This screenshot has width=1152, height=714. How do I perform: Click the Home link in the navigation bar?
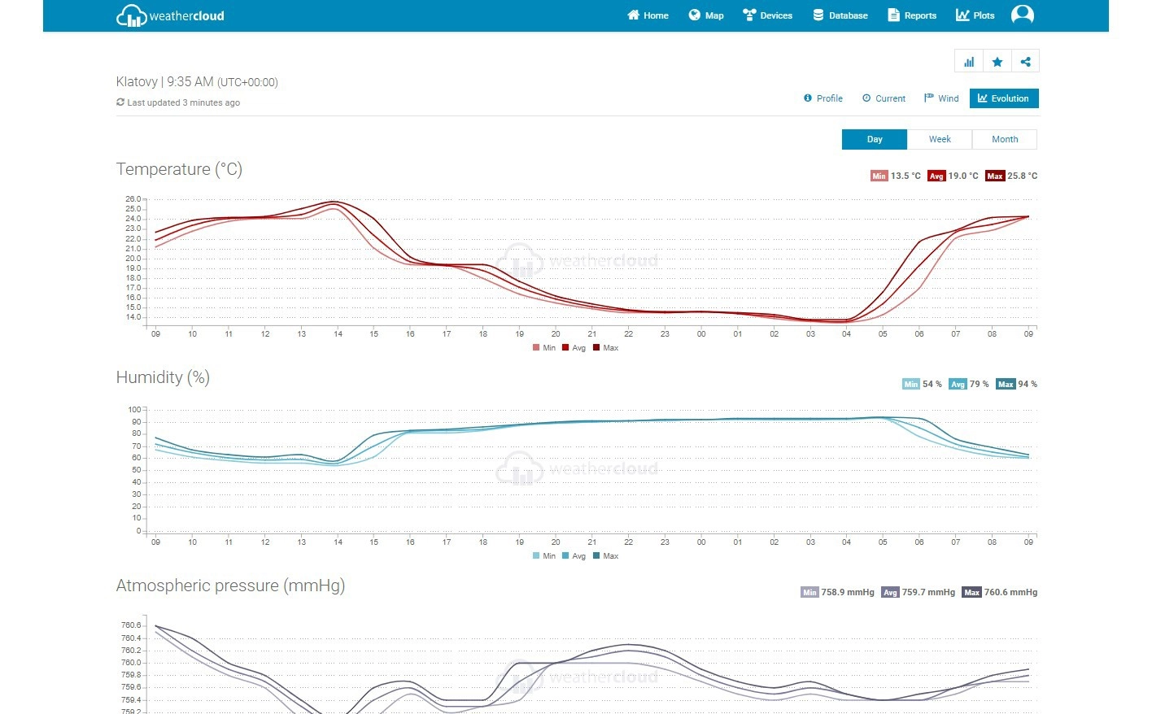[x=648, y=15]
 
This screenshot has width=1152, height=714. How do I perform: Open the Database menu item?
[x=840, y=15]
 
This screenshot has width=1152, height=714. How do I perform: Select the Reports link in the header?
[x=912, y=15]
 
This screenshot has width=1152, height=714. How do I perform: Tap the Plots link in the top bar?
[x=975, y=15]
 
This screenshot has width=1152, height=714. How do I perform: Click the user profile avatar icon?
[x=1023, y=15]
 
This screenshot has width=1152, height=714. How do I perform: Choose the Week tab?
[x=940, y=139]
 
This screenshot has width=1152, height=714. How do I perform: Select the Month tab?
[x=1005, y=139]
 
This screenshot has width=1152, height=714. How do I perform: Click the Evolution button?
[x=1004, y=98]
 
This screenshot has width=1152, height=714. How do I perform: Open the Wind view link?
[x=941, y=98]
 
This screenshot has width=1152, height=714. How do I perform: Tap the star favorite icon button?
[x=997, y=62]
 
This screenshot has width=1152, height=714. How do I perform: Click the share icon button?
[x=1025, y=62]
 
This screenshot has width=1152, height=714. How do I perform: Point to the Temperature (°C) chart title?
[x=179, y=169]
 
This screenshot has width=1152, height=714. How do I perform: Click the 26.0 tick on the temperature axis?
[x=133, y=199]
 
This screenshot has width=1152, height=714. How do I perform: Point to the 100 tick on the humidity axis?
[x=134, y=410]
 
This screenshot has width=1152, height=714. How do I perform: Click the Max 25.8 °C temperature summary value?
[x=1011, y=176]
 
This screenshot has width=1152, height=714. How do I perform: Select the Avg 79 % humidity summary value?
[x=969, y=384]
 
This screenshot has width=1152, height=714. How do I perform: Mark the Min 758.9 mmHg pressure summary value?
[x=837, y=592]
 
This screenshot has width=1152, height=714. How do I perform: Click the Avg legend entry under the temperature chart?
[x=574, y=348]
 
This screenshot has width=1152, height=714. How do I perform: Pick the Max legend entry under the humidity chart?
[x=606, y=556]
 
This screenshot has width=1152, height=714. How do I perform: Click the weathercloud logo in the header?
[x=170, y=15]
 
